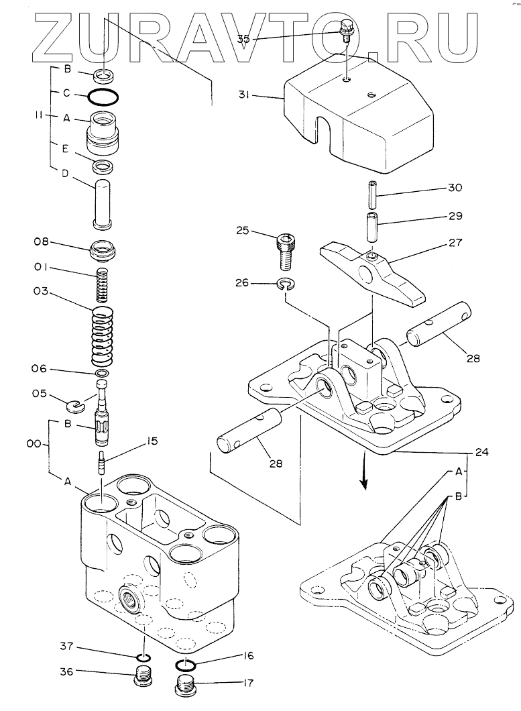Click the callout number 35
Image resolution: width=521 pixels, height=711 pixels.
tap(243, 39)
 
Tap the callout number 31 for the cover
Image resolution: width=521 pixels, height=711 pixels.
tap(243, 95)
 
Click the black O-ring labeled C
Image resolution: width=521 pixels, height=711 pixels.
tap(103, 97)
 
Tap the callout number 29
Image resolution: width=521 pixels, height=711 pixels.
tap(455, 216)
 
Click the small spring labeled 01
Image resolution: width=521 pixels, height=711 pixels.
tap(103, 285)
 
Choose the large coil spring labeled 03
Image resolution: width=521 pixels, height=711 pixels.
tap(103, 336)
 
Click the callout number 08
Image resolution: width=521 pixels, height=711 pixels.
tap(41, 241)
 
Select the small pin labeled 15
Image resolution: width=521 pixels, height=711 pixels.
tap(103, 463)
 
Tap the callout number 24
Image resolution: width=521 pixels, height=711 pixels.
tap(481, 451)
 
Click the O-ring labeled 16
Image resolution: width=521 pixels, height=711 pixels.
tap(184, 664)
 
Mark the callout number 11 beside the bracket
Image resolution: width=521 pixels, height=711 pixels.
tap(40, 115)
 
